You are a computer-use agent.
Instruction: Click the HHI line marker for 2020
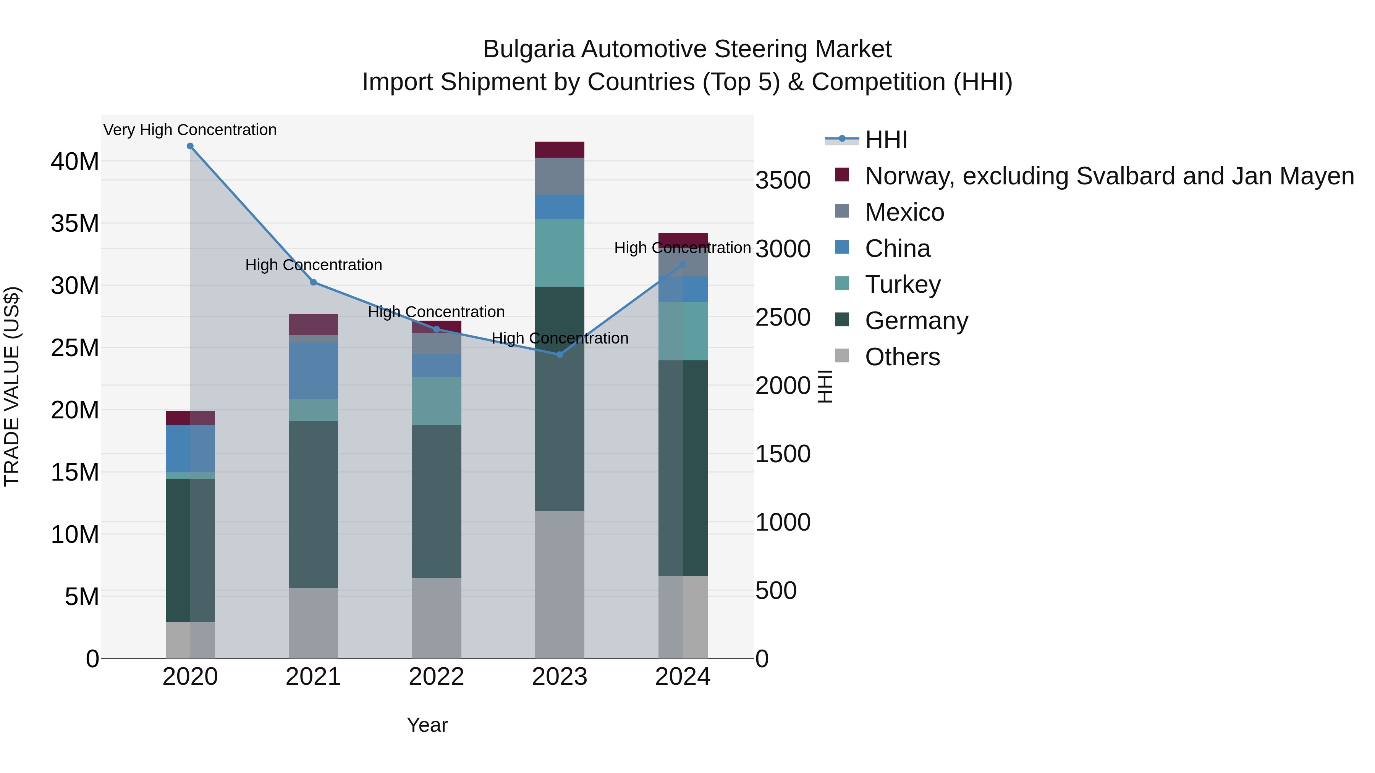point(190,146)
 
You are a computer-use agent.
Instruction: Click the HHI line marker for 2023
point(560,355)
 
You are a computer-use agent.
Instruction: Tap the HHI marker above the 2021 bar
point(313,282)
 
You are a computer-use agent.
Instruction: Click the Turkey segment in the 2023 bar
point(560,253)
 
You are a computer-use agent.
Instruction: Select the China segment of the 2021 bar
point(313,370)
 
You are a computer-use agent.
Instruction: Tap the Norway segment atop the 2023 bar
point(560,150)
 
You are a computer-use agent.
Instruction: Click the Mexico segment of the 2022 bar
point(437,343)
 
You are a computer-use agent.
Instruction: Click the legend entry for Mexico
point(904,212)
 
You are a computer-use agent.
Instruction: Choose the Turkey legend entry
point(902,284)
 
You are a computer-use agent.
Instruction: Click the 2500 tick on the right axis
point(783,318)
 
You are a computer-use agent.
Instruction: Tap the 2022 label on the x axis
point(436,677)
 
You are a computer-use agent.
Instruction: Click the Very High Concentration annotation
point(190,130)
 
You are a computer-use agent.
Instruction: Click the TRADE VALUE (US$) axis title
point(12,386)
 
